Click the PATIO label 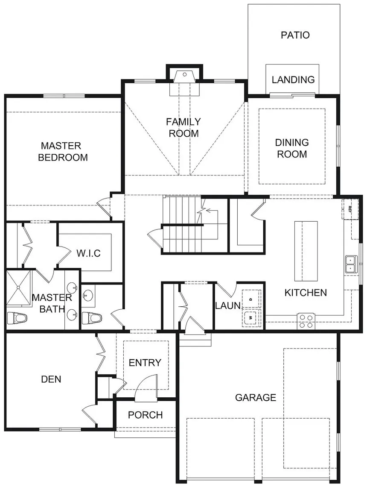(x=295, y=35)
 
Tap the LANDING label (x=293, y=79)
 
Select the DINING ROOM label (x=292, y=148)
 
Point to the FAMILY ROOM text (x=183, y=127)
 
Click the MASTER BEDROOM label (x=63, y=152)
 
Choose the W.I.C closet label (x=89, y=253)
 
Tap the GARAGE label (x=256, y=398)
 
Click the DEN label (x=51, y=379)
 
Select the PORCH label (x=145, y=415)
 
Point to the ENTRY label (x=145, y=362)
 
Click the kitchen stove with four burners (x=306, y=321)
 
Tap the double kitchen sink (x=351, y=264)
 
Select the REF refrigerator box (x=350, y=209)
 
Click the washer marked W (x=251, y=317)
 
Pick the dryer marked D (x=251, y=299)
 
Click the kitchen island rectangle (x=306, y=251)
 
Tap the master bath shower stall (x=19, y=288)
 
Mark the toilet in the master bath (x=17, y=318)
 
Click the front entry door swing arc (x=146, y=378)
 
